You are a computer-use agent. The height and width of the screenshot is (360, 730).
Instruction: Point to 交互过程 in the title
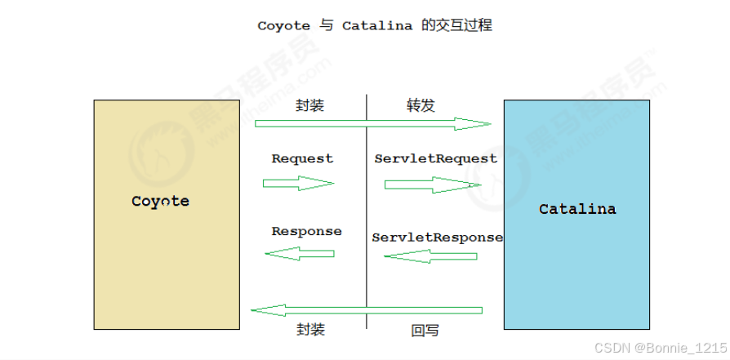coord(465,25)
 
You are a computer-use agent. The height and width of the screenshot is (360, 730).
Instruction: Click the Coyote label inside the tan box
coord(160,201)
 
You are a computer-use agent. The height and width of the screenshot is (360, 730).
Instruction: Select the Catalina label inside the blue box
coord(577,209)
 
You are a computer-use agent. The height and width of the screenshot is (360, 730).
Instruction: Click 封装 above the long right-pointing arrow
coord(310,105)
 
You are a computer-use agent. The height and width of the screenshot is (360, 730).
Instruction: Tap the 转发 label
coord(421,105)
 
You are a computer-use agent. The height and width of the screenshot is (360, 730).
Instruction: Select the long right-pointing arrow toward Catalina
coord(372,124)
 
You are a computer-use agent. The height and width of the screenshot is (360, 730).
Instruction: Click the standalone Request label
coord(302,159)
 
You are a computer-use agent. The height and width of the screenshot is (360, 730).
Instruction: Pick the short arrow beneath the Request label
coord(298,184)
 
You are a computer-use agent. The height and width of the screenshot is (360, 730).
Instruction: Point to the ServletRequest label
coord(435,158)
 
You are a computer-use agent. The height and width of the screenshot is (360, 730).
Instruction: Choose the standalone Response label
coord(306,231)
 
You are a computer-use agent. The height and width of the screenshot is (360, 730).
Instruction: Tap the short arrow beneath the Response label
coord(300,255)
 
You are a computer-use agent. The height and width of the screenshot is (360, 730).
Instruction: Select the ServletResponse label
coord(437,238)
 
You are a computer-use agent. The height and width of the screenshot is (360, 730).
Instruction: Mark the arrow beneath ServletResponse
coord(430,256)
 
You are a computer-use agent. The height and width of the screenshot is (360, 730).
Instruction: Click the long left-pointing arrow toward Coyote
coord(367,310)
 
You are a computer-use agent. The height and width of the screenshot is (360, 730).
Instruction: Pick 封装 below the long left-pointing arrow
coord(310,330)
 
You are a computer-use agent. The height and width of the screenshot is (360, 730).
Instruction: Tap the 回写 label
coord(425,331)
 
